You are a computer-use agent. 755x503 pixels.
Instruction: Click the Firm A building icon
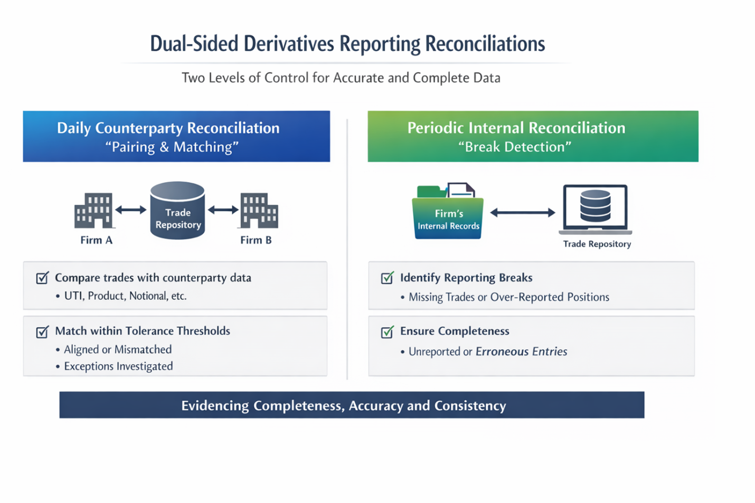[x=93, y=210]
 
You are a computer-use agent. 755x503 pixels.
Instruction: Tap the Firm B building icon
[x=259, y=210]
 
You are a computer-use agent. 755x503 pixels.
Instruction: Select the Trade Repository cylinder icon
[x=177, y=211]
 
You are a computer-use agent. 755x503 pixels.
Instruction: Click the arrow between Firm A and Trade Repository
[x=130, y=210]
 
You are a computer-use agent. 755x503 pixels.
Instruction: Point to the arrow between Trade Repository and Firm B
[x=223, y=210]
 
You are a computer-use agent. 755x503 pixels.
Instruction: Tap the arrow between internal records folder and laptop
[x=522, y=213]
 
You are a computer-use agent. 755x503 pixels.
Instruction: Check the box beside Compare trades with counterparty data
[x=42, y=278]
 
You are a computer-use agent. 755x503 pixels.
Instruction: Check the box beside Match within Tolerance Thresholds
[x=42, y=331]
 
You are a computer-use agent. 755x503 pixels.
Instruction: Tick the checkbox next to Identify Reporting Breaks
[x=387, y=278]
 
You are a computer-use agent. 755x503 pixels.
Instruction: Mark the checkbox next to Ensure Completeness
[x=387, y=331]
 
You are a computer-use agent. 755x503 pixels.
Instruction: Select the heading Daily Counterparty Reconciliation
[x=168, y=128]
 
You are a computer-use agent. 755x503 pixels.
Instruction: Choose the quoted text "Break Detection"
[x=515, y=147]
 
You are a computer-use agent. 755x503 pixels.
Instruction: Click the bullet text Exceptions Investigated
[x=118, y=366]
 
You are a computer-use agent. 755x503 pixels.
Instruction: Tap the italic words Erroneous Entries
[x=521, y=352]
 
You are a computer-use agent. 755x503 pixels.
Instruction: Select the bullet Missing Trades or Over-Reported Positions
[x=508, y=297]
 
